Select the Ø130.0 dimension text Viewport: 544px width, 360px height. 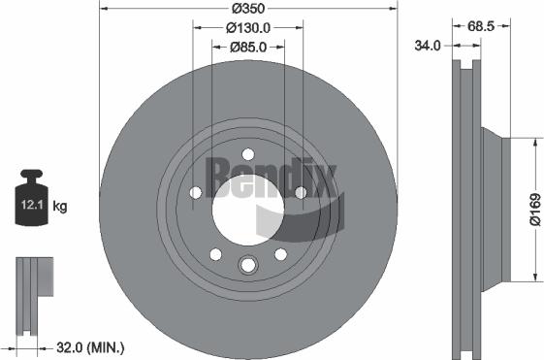point(248,28)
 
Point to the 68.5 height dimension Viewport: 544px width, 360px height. point(474,26)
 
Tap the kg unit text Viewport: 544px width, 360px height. point(60,206)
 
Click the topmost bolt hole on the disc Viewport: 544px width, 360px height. point(248,153)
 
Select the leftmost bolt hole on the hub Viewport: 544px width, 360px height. point(197,192)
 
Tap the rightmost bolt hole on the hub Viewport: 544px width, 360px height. point(300,192)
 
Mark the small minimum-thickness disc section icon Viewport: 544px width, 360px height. point(32,281)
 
